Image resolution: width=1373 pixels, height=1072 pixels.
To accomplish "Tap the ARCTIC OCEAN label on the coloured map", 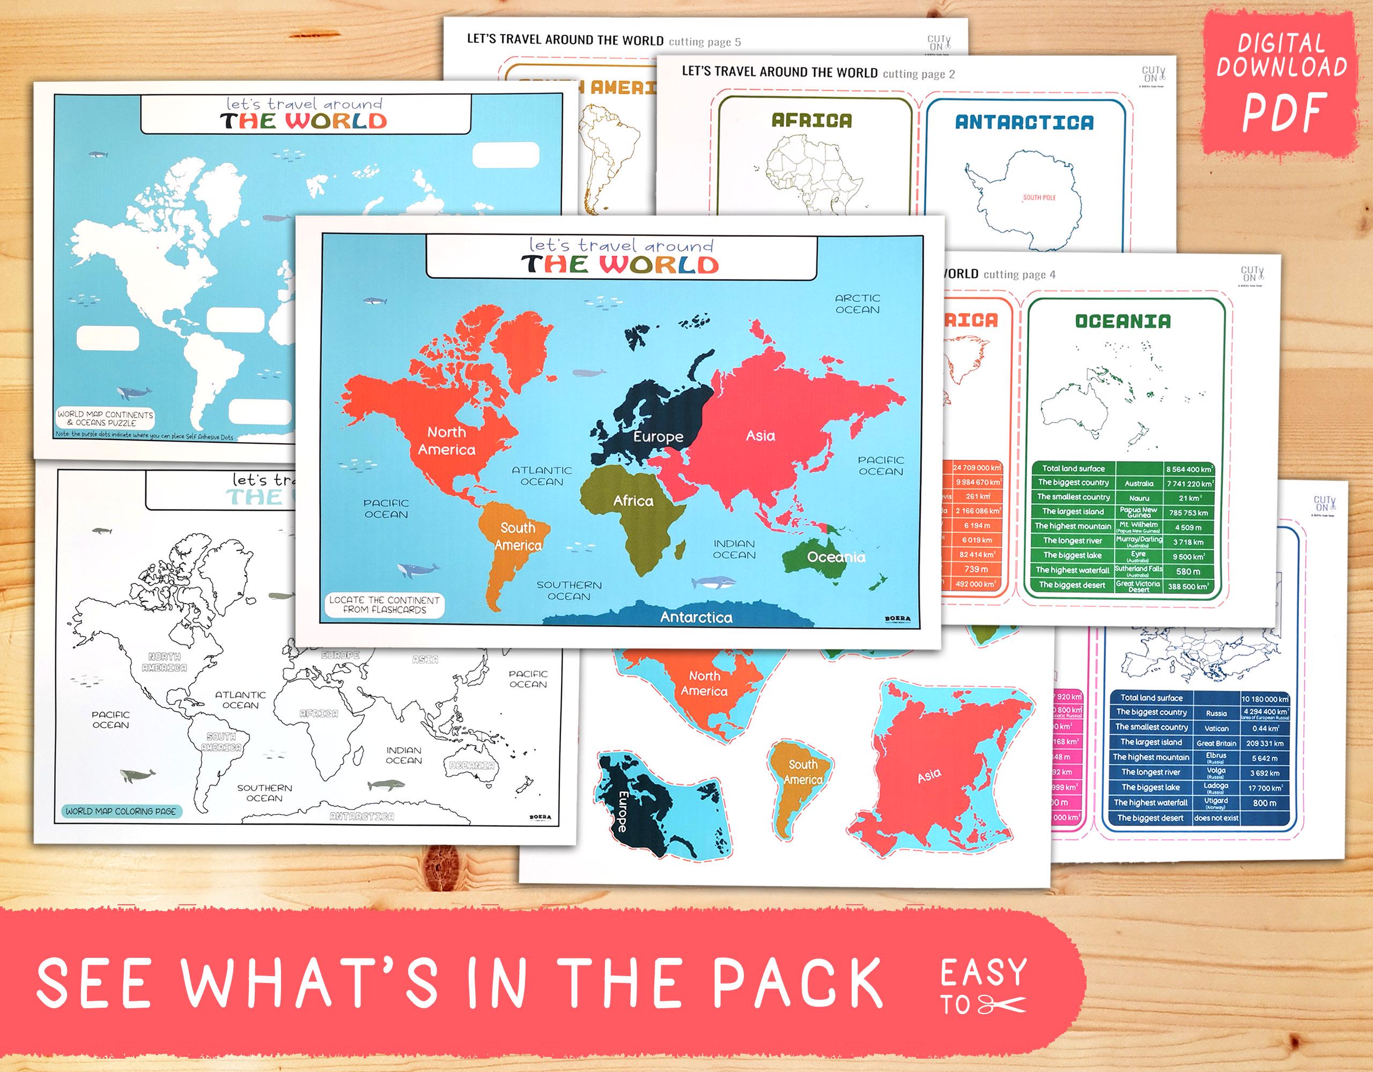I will click(858, 303).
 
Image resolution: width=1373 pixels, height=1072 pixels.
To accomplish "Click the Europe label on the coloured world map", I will click(658, 437).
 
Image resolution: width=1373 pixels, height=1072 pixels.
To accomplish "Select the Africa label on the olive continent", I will click(633, 501).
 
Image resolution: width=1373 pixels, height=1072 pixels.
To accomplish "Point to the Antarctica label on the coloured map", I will click(696, 617).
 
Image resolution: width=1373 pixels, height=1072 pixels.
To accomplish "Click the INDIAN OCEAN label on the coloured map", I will click(734, 549).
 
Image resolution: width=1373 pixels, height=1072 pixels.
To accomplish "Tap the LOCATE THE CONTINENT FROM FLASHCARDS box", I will click(384, 605).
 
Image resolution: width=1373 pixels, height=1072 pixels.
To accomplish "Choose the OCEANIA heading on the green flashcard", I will click(1123, 321).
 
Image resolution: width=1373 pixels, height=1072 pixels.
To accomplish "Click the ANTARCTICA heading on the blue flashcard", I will click(1024, 123).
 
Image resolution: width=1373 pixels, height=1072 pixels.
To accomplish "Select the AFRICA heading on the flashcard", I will click(811, 120).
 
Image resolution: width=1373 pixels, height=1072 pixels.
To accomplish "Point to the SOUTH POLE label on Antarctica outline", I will click(1039, 197).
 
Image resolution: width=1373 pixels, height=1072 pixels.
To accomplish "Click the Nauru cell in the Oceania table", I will click(1139, 497).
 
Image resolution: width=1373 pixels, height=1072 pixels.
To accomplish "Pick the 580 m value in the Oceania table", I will click(1188, 571).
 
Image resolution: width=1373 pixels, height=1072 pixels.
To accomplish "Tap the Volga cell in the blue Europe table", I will click(1216, 772).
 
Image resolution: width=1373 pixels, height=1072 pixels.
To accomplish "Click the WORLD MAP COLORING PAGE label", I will click(121, 811).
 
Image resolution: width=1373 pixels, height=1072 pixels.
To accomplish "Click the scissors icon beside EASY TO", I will click(1003, 1006).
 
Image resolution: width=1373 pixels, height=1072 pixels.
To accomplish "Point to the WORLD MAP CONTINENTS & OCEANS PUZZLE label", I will click(106, 419).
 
